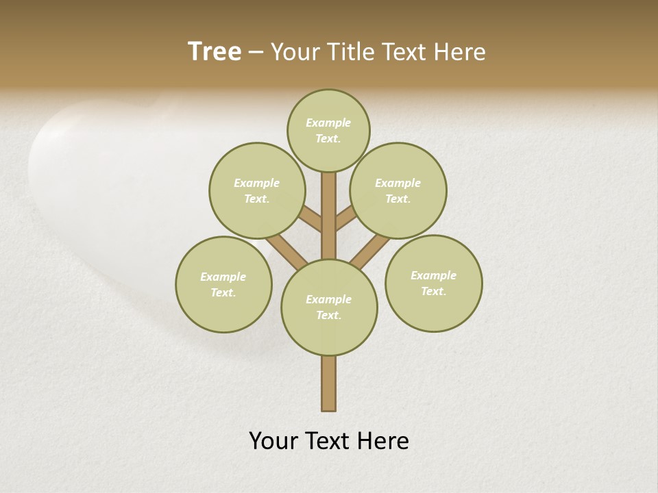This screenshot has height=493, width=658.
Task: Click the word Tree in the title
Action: tap(215, 52)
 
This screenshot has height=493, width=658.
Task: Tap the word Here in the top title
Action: tap(461, 52)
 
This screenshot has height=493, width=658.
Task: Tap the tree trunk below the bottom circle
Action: tap(329, 383)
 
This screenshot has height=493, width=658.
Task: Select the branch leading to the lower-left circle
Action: tap(287, 251)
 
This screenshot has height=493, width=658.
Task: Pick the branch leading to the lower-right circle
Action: tap(368, 251)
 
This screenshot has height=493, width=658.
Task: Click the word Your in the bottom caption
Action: tap(273, 441)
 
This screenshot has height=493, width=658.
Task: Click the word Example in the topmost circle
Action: tap(328, 123)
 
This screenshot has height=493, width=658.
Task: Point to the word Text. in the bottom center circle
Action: tap(329, 316)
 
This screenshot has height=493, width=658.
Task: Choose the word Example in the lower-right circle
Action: tap(433, 275)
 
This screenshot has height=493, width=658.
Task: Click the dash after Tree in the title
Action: tap(256, 53)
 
